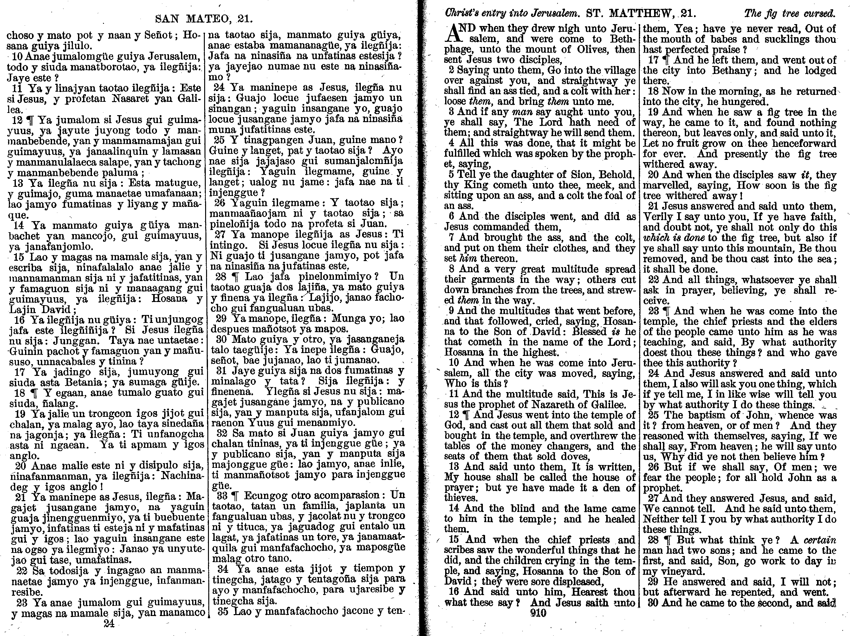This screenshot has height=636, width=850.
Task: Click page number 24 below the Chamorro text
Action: pos(109,624)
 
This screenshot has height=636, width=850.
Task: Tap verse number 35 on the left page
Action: pos(223,611)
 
